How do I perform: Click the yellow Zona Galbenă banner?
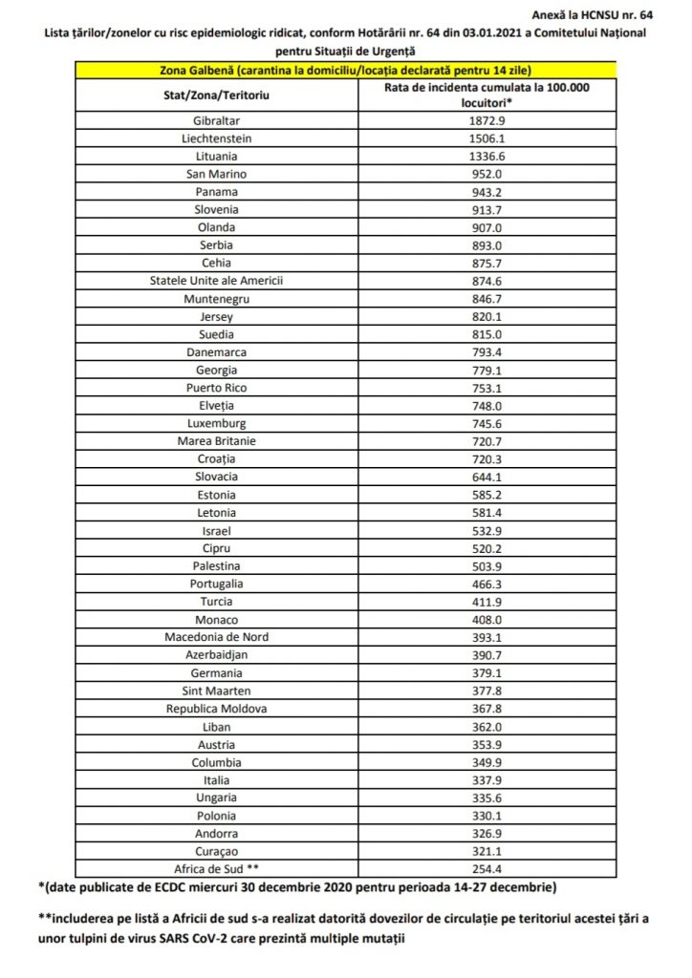click(345, 70)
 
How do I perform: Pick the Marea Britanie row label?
click(216, 440)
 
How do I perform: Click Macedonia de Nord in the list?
click(216, 637)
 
